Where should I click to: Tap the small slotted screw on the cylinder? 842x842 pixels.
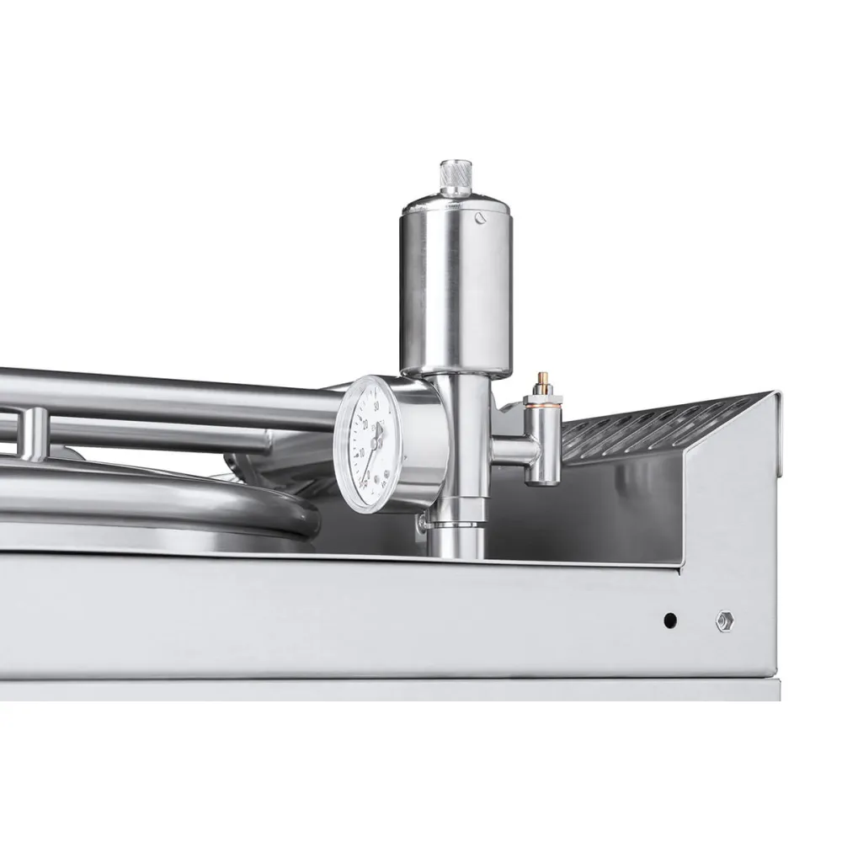480,218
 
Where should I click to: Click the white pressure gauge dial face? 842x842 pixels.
366,443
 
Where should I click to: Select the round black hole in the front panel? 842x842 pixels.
669,621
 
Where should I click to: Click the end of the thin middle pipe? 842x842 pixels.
261,439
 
